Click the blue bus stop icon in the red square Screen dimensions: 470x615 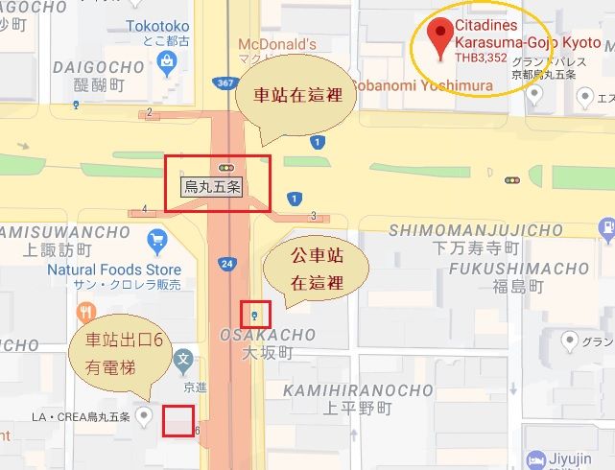(x=254, y=314)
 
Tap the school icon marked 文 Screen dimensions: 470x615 (x=183, y=362)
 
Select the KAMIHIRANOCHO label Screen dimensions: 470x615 (x=358, y=389)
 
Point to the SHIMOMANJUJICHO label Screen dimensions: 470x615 (x=475, y=230)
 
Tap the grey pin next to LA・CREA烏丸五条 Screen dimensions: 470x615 (x=145, y=415)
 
